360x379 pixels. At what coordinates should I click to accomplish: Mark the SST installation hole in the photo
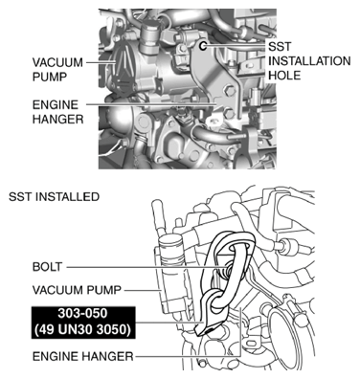coord(204,44)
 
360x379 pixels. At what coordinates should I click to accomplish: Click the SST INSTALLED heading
coord(54,197)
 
